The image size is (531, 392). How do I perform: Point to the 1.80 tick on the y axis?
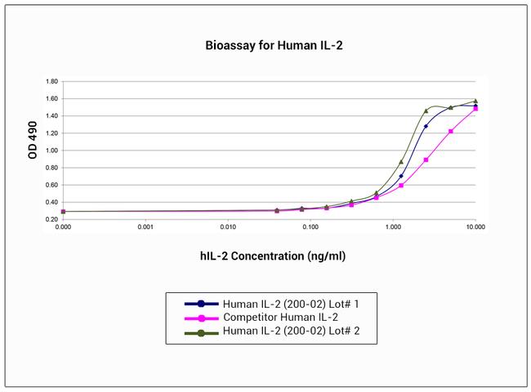(x=51, y=82)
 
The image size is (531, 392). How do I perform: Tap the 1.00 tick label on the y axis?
(x=51, y=151)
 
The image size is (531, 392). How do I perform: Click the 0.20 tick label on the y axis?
(x=51, y=219)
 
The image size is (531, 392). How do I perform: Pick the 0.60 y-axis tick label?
(x=51, y=185)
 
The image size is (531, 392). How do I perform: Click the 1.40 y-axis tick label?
(x=51, y=116)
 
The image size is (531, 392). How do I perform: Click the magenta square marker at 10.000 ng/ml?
(x=475, y=108)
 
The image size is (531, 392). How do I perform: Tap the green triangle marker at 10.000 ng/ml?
(x=475, y=101)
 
